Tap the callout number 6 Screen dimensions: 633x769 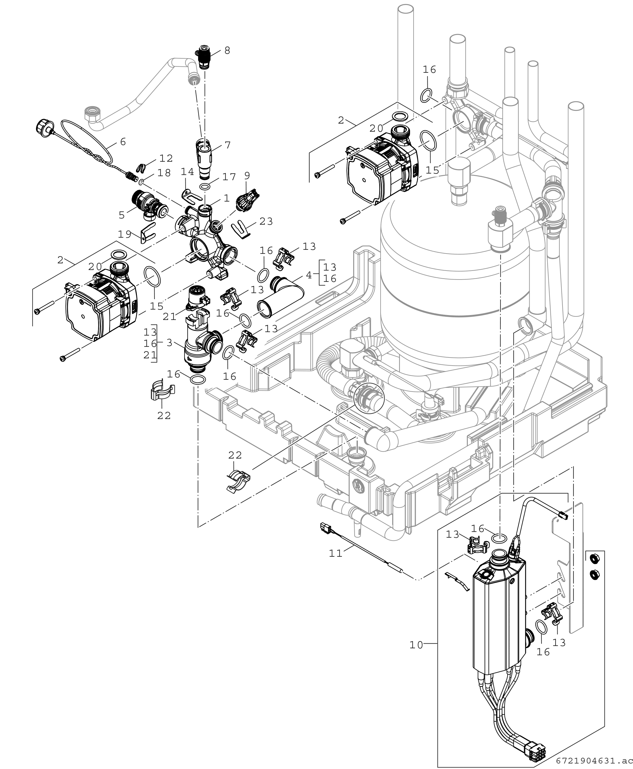(x=123, y=141)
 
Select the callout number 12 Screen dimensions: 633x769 (x=166, y=158)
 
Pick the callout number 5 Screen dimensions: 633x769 (x=122, y=215)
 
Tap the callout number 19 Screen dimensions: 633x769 (x=125, y=234)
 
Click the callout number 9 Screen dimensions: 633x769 (x=247, y=176)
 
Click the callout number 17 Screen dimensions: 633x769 (x=229, y=177)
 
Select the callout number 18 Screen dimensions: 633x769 (x=164, y=173)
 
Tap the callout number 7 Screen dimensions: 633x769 (x=228, y=145)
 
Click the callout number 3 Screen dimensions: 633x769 (x=169, y=343)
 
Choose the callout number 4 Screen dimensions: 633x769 (x=309, y=275)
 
